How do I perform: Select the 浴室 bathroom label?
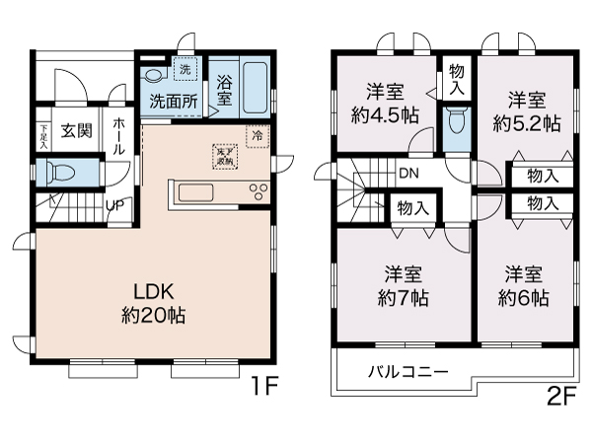point(224,92)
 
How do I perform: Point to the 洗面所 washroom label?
point(175,101)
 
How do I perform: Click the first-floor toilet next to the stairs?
point(61,174)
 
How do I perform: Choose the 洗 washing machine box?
point(184,69)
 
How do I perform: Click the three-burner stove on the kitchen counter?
point(260,191)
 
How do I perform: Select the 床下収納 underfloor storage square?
point(224,155)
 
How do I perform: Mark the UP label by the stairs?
point(115,206)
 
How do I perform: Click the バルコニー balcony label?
point(408,372)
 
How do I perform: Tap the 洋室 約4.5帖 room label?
point(385,104)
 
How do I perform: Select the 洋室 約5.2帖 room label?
point(529,111)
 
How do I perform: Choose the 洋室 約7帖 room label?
point(405,284)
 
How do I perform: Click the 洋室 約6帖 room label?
point(525,284)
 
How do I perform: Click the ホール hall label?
point(117,135)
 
